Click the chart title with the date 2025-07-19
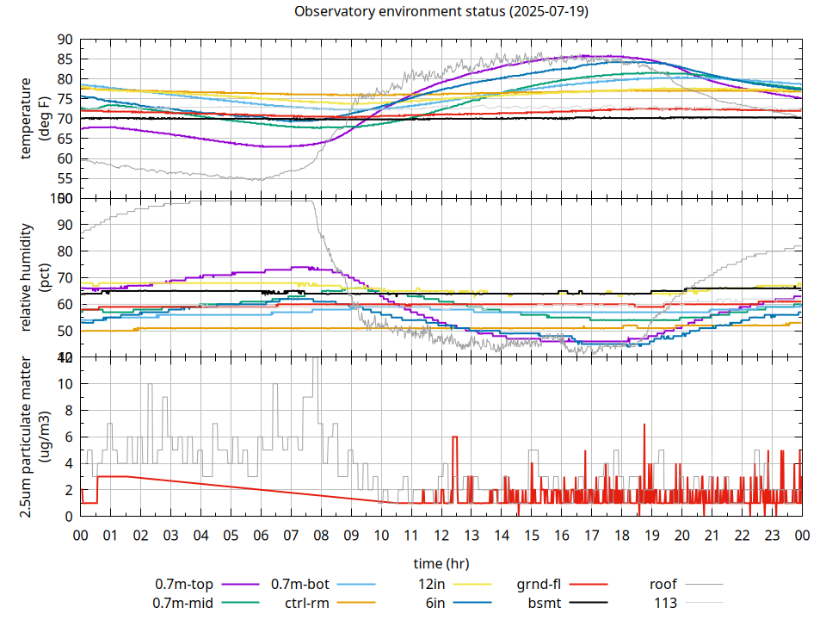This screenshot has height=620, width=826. [x=441, y=12]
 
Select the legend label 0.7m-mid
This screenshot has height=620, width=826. [x=182, y=603]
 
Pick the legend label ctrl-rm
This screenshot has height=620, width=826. [x=305, y=603]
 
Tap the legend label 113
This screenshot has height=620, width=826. [x=666, y=603]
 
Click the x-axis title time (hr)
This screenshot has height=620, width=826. [x=441, y=563]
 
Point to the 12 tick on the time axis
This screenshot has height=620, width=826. [x=441, y=535]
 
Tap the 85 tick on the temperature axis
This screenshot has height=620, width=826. [x=65, y=59]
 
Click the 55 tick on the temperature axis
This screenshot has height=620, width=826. [x=65, y=179]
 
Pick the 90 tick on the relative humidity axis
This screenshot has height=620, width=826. [x=65, y=225]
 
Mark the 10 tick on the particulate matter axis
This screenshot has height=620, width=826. [x=65, y=384]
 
